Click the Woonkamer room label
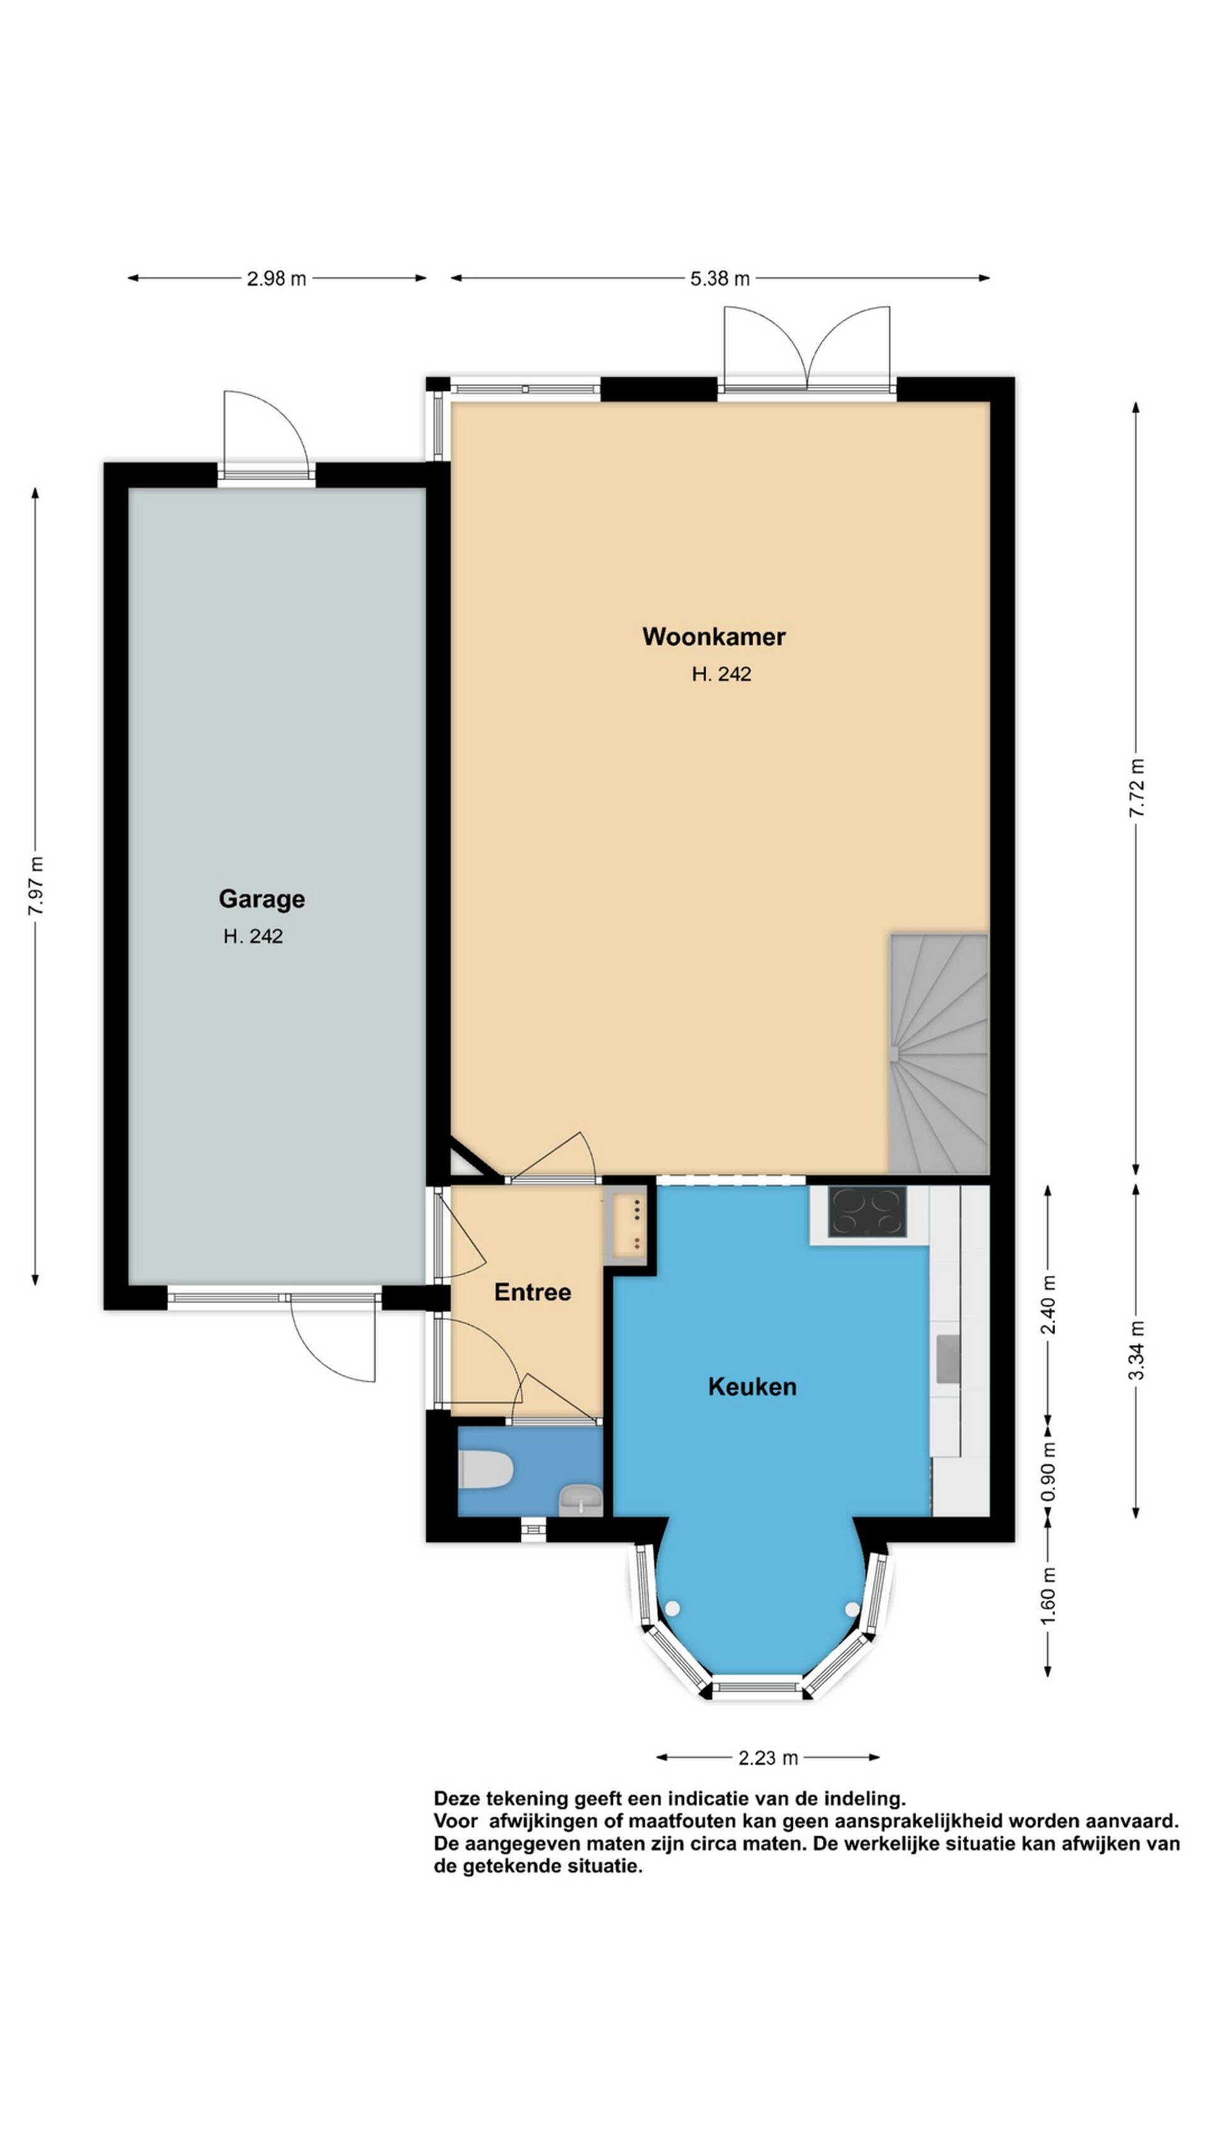(713, 637)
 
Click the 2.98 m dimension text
(276, 279)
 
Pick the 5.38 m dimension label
(720, 279)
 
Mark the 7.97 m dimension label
(36, 885)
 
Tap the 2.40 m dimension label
(1049, 1305)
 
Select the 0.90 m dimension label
(1049, 1472)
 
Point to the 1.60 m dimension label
(1049, 1595)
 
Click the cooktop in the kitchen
(866, 1211)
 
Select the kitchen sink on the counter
(948, 1359)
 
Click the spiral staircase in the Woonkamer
(939, 1054)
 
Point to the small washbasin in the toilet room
(579, 1500)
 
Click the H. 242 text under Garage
(252, 936)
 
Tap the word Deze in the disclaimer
(456, 1798)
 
